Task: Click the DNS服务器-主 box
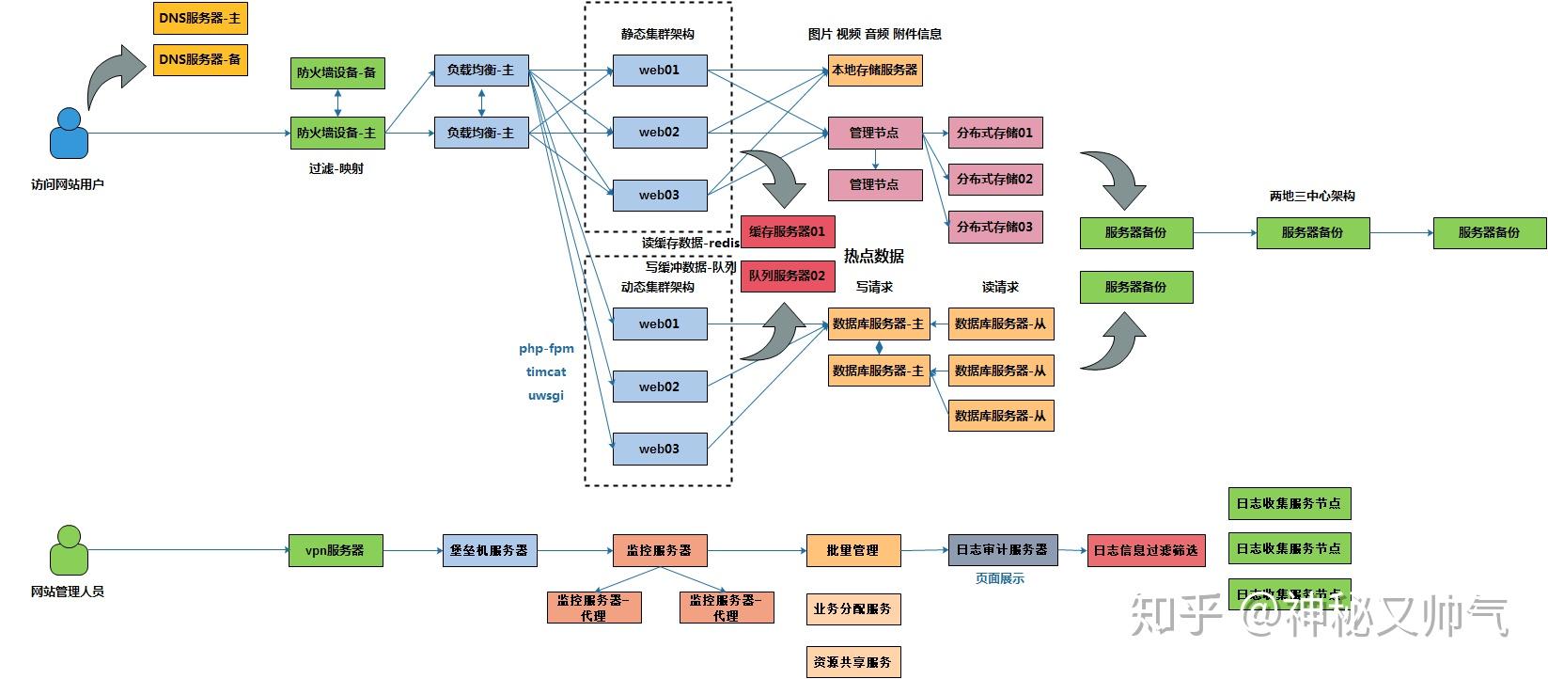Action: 200,18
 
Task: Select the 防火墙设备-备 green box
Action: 337,72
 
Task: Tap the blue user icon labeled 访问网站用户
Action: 69,134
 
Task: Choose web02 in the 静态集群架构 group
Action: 659,133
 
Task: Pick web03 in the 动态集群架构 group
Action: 659,449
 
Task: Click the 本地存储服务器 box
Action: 874,70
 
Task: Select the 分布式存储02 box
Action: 994,179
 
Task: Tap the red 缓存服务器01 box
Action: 788,231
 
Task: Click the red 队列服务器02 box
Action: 788,276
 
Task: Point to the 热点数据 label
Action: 874,256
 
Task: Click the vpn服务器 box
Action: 336,550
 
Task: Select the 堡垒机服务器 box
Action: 490,550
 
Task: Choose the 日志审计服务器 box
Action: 1002,549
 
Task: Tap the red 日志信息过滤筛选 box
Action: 1145,550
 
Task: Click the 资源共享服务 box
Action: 852,661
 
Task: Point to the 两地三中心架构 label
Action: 1312,196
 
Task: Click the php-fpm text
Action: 546,348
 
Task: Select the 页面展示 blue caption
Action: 1000,578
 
